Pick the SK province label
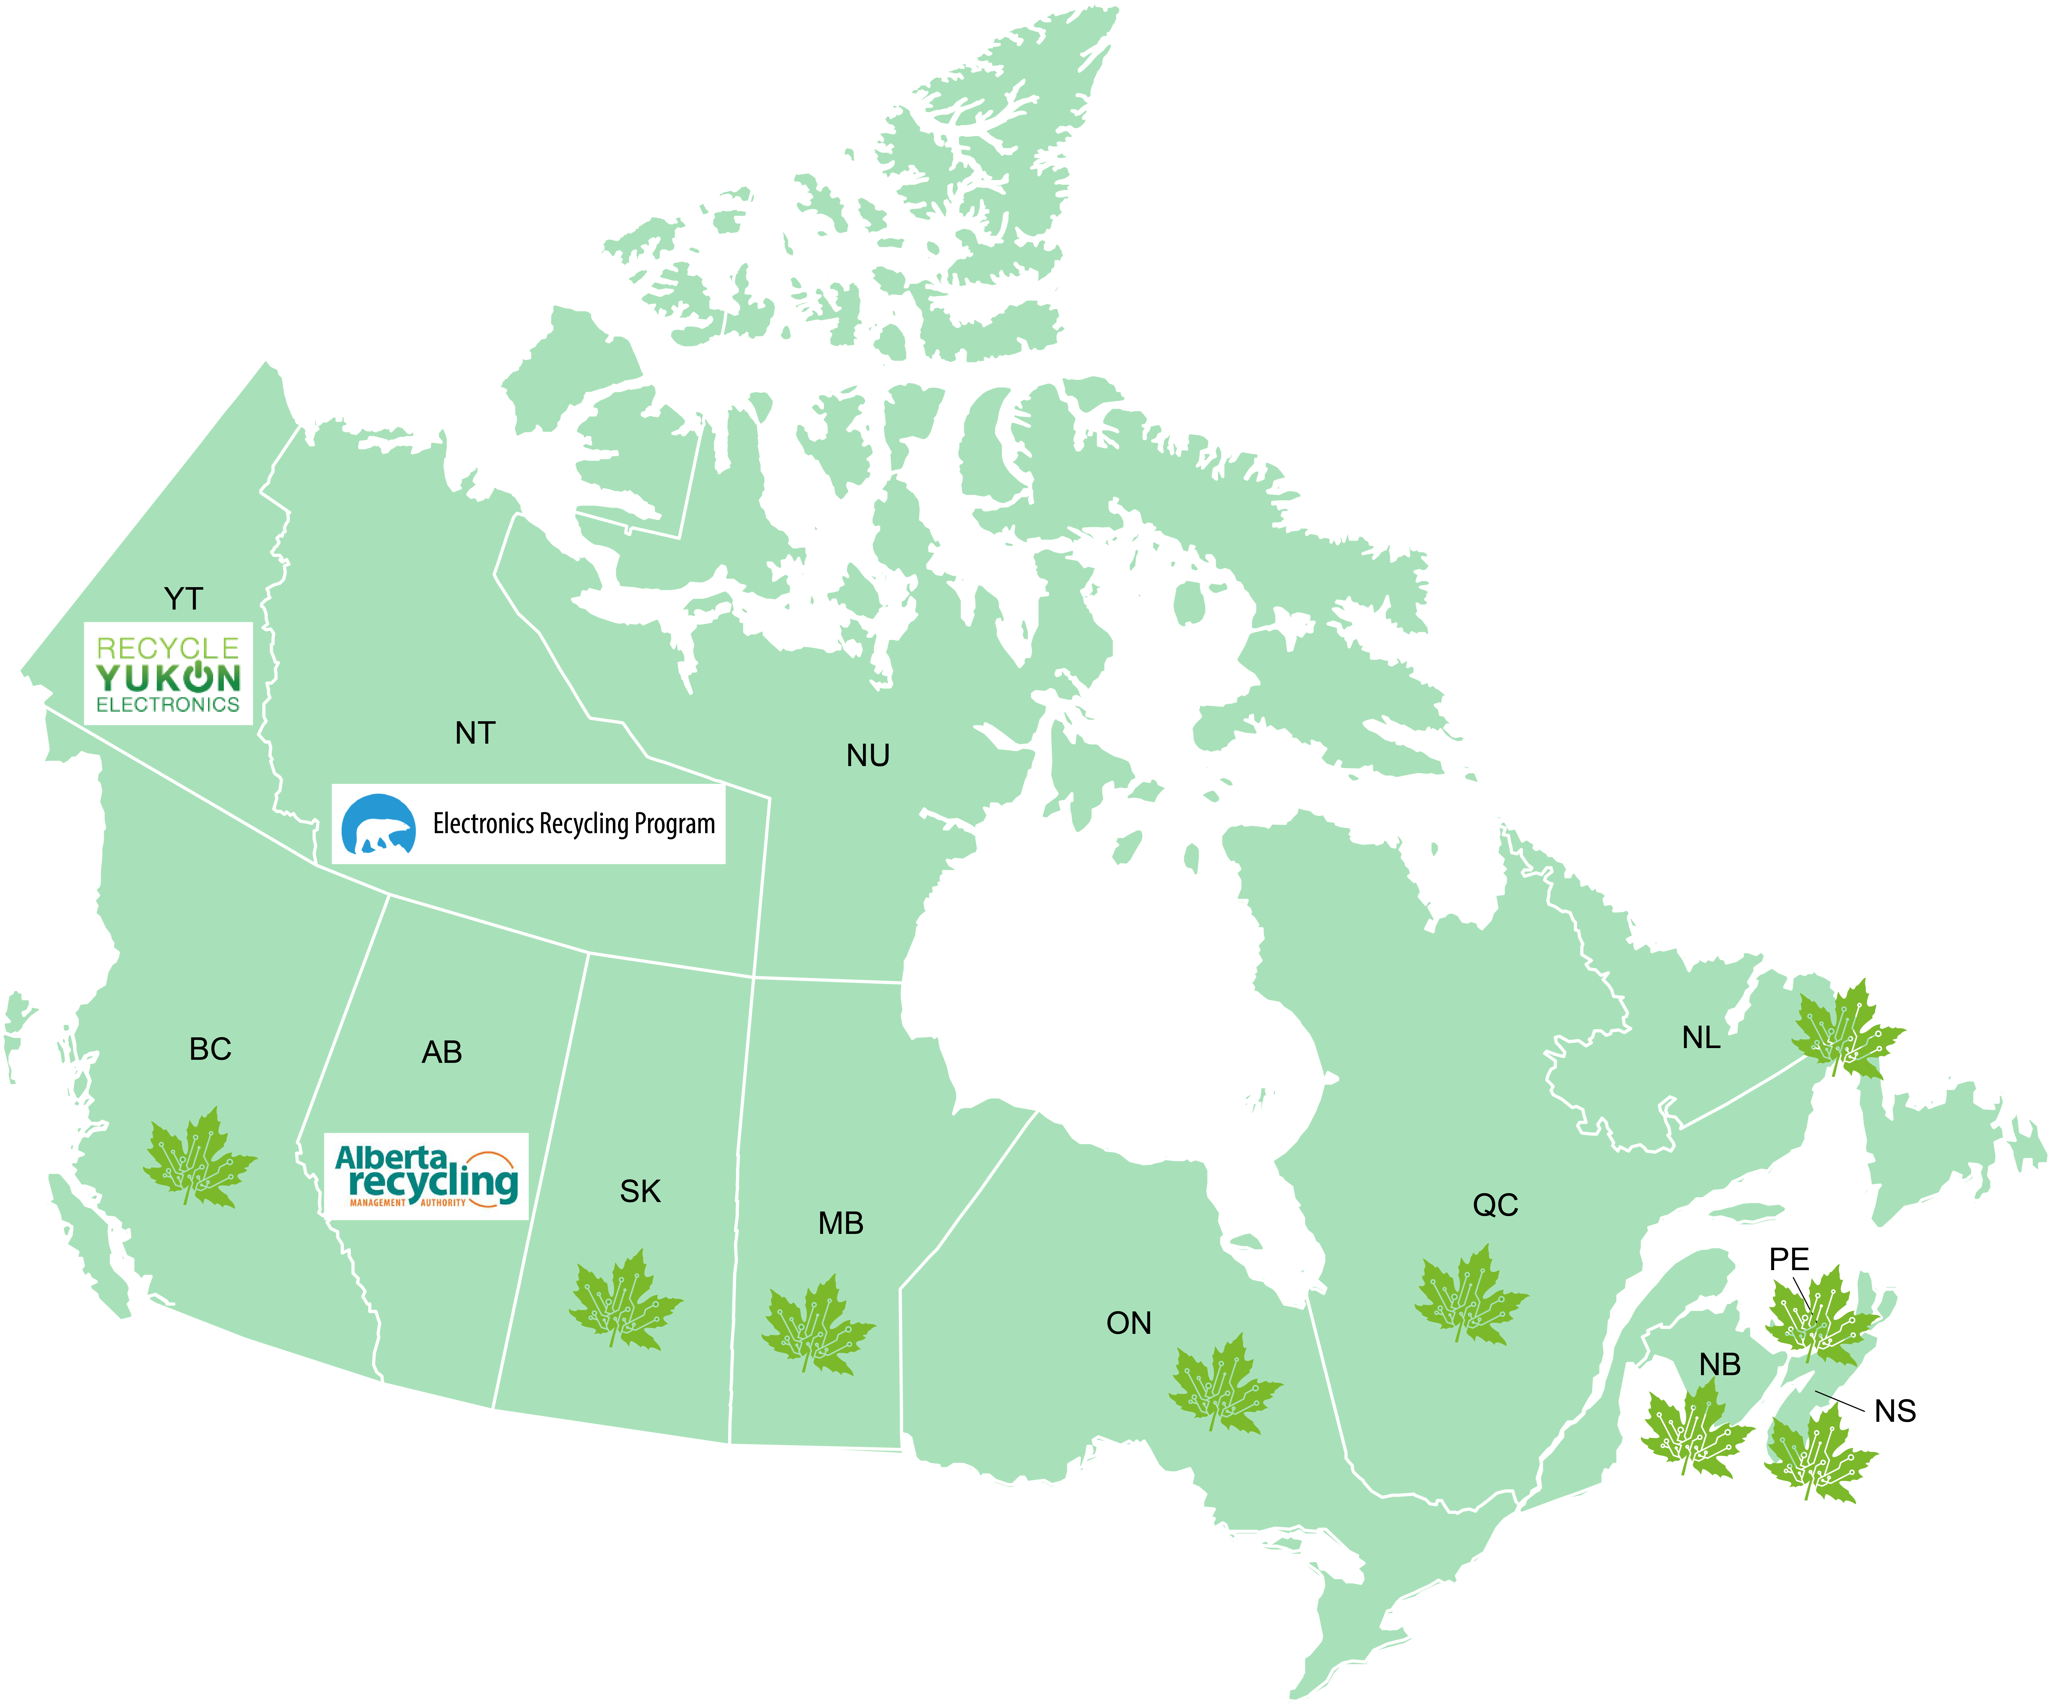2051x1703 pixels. click(641, 1191)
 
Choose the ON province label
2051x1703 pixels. click(1129, 1323)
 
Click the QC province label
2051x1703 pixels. click(1495, 1205)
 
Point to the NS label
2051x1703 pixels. click(1895, 1411)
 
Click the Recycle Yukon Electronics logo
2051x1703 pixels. click(168, 674)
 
